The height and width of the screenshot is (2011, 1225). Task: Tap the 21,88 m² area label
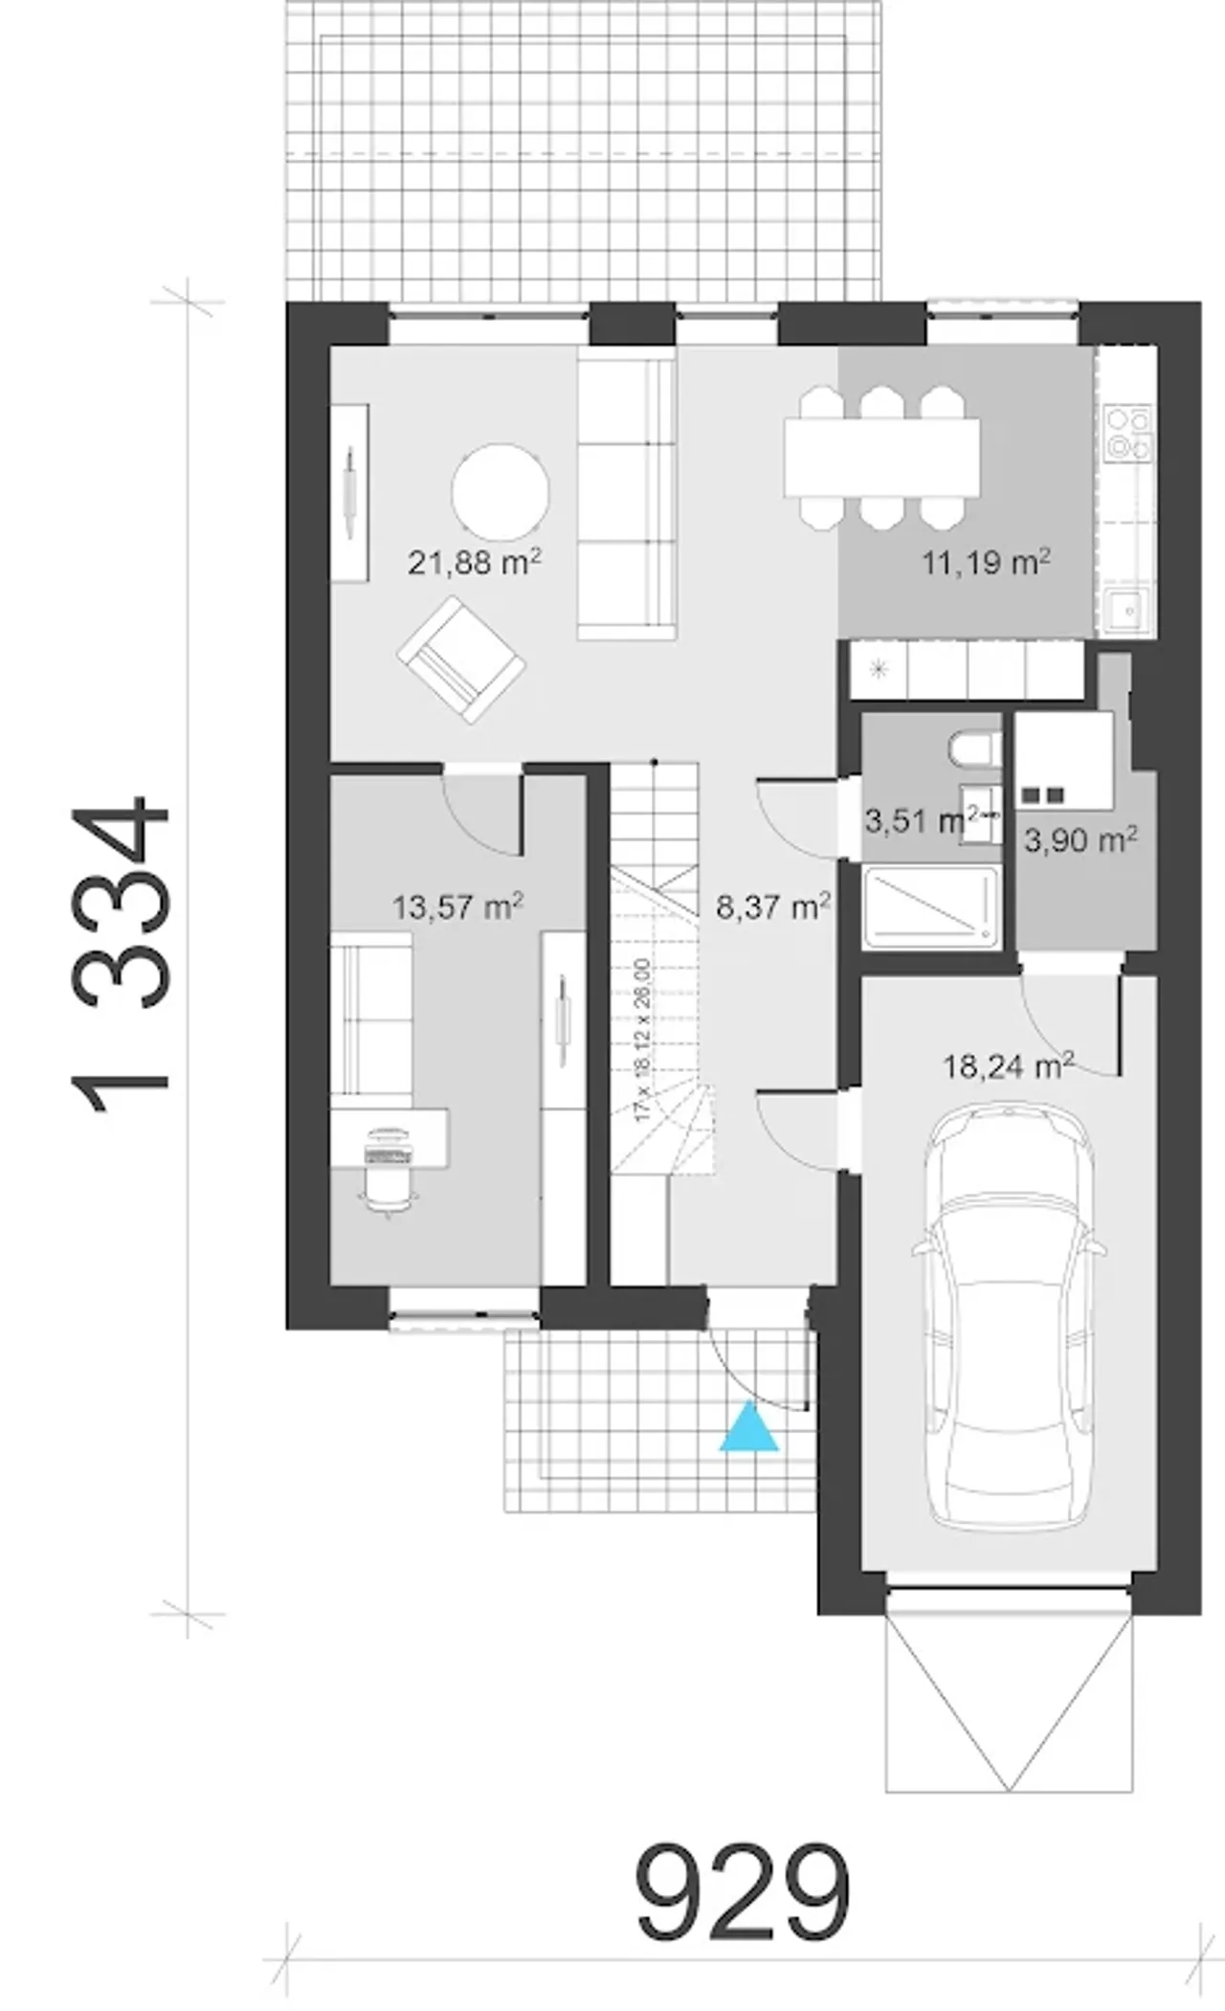[x=475, y=562]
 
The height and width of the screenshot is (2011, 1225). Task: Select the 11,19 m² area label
[x=986, y=561]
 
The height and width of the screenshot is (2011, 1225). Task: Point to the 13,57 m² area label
[x=457, y=905]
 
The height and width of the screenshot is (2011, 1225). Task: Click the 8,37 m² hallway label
[x=772, y=905]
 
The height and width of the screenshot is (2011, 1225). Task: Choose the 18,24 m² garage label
[x=1009, y=1064]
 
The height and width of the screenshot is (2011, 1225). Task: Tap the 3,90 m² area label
[x=1080, y=840]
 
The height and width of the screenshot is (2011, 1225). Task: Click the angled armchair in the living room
[x=461, y=659]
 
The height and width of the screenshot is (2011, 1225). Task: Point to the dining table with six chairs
[x=881, y=457]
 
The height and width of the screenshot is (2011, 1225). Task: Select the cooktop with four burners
[x=1128, y=433]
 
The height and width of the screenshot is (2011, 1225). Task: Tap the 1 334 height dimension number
[x=122, y=954]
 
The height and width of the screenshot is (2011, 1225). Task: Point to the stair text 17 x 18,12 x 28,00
[x=641, y=1040]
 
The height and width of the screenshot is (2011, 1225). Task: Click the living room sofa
[x=626, y=494]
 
